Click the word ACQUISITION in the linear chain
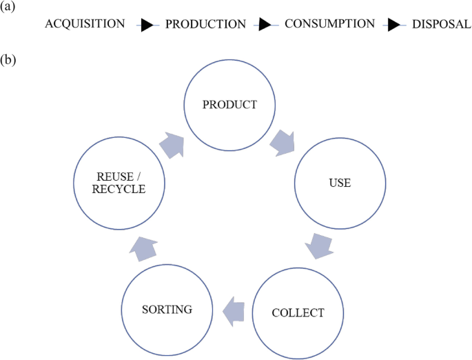(85, 24)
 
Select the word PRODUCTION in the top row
(205, 24)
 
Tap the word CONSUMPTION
(329, 24)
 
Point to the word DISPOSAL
(442, 24)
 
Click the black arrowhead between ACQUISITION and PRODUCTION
(146, 26)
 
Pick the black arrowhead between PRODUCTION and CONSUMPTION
(263, 26)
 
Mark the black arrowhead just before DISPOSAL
(392, 26)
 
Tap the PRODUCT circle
(229, 105)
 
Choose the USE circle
(340, 183)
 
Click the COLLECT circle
(298, 312)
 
